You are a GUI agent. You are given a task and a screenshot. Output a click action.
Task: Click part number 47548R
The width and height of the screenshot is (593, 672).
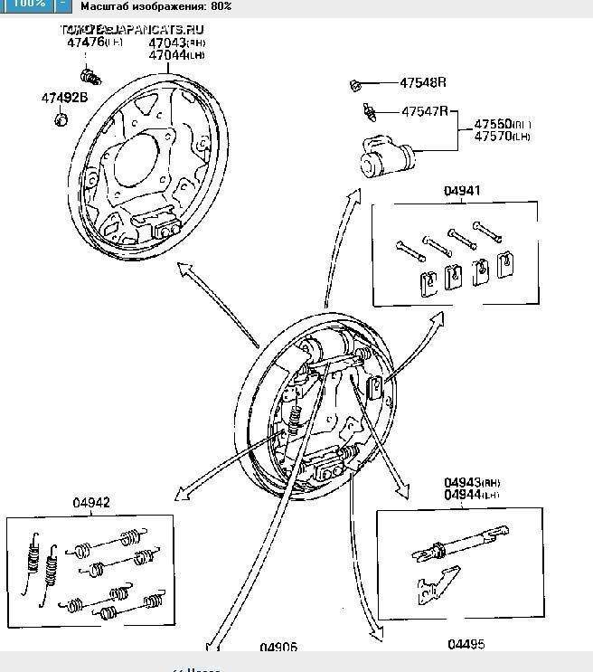423,83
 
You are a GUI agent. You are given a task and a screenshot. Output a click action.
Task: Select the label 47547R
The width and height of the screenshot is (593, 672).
425,111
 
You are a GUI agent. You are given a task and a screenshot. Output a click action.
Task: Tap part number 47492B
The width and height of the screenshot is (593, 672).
63,98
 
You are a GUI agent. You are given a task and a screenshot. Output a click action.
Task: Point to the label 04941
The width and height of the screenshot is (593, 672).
461,191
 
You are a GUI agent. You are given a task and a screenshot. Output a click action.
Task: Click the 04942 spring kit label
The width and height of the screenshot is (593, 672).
91,503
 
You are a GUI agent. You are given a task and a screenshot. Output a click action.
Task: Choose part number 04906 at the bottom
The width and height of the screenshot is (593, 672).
278,647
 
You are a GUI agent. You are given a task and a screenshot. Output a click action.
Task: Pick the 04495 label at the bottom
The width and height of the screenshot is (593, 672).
466,644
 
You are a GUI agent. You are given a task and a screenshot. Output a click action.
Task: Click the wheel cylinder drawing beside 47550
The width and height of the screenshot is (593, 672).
385,155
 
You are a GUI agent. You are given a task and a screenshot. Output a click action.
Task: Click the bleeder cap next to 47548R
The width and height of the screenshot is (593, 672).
356,85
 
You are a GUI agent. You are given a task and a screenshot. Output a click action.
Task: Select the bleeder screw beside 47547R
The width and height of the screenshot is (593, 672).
370,112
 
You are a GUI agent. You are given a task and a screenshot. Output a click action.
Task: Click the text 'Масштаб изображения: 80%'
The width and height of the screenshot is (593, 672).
155,5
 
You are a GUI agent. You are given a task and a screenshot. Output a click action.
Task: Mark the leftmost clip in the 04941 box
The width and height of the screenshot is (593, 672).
420,283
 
